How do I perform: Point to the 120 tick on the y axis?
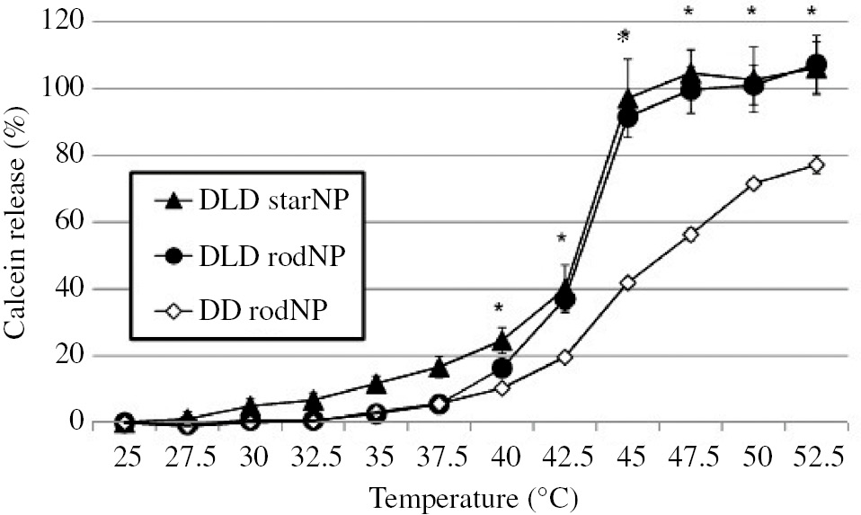(x=67, y=22)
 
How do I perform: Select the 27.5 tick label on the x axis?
(x=188, y=457)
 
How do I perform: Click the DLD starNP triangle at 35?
(x=377, y=385)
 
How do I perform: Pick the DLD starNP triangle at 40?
(x=502, y=341)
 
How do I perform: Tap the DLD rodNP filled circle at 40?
(x=502, y=368)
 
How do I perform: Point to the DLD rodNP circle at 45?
(x=628, y=118)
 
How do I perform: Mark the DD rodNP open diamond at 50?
(x=753, y=183)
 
